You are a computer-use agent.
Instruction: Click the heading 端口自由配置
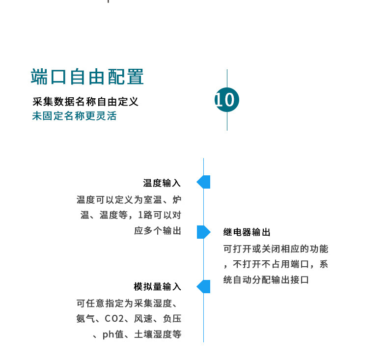87,78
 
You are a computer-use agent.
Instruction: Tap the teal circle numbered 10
226,100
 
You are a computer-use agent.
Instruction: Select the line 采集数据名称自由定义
85,102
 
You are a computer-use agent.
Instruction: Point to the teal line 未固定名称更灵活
74,116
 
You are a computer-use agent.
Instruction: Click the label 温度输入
162,183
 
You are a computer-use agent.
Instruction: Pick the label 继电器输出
247,232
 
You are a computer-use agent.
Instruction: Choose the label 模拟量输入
158,286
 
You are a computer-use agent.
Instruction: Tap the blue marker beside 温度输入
204,182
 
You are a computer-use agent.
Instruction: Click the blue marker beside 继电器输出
203,232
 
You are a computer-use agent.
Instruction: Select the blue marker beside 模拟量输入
204,286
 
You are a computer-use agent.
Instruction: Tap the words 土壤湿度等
158,335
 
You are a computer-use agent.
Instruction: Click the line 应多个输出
158,230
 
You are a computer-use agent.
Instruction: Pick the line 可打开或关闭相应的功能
275,249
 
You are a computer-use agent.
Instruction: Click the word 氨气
85,319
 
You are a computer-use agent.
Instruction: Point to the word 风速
143,319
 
